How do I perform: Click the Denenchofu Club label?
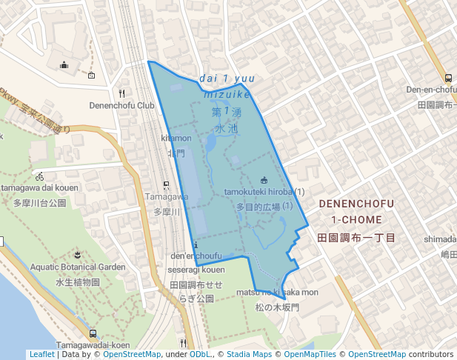point(122,105)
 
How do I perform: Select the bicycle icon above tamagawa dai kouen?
point(39,177)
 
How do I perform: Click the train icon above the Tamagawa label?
point(166,185)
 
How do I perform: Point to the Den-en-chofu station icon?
point(448,78)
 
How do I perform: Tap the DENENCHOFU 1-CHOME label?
point(357,211)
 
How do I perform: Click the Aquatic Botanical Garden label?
point(78,267)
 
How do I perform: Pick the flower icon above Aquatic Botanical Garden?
point(78,255)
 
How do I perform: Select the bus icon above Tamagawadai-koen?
point(93,333)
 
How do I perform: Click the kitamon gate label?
point(176,139)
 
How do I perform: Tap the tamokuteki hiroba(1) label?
point(264,192)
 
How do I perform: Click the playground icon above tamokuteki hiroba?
point(264,180)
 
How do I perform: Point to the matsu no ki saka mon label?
point(277,293)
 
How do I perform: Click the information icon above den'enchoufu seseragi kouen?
point(196,244)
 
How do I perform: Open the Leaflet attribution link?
point(41,354)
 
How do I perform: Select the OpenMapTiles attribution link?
point(309,354)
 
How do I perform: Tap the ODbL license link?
point(200,354)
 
